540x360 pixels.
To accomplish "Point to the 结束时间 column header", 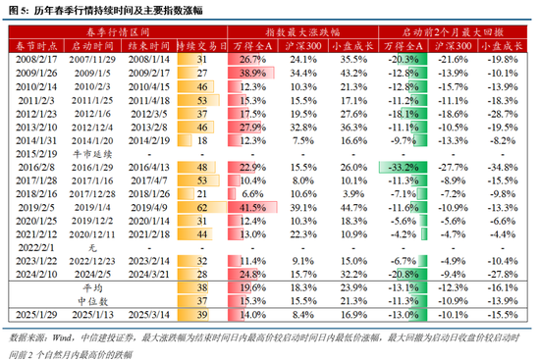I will pyautogui.click(x=153, y=46).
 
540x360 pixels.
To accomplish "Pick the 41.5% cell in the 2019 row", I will pyautogui.click(x=255, y=209).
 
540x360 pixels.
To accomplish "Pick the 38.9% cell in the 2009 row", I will pyautogui.click(x=255, y=74).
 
